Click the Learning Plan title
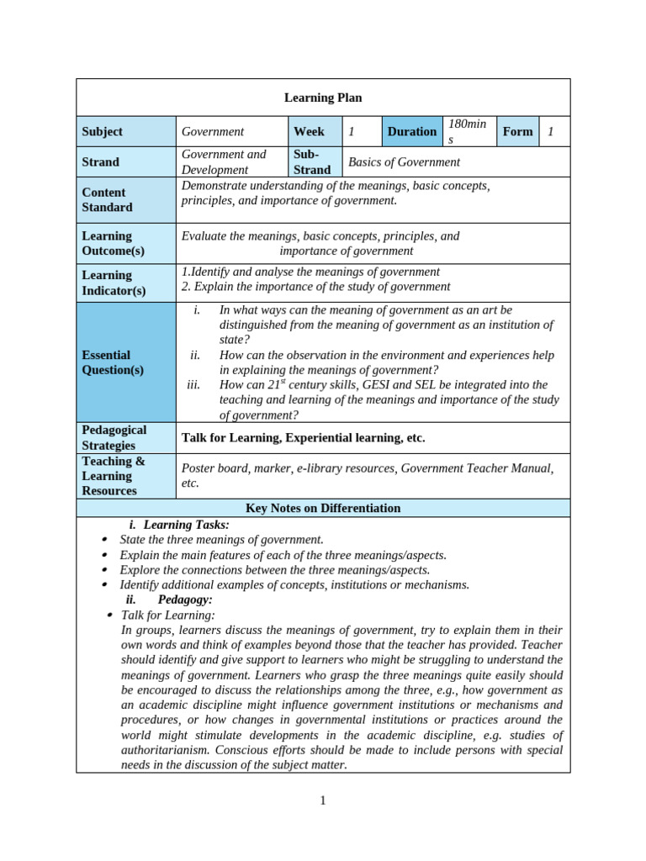[x=323, y=98]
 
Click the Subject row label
[x=102, y=131]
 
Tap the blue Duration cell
[x=411, y=131]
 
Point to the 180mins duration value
[x=467, y=131]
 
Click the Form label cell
[x=517, y=131]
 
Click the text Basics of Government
[x=404, y=161]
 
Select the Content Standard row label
[x=107, y=199]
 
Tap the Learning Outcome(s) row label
[x=113, y=243]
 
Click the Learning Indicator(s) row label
[x=114, y=283]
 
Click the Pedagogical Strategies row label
[x=114, y=437]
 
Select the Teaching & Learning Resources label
[x=114, y=476]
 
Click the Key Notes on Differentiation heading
[x=323, y=508]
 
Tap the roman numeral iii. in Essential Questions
[x=194, y=384]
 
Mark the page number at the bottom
[x=323, y=800]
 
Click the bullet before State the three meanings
[x=103, y=540]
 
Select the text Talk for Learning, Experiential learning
[x=303, y=437]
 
